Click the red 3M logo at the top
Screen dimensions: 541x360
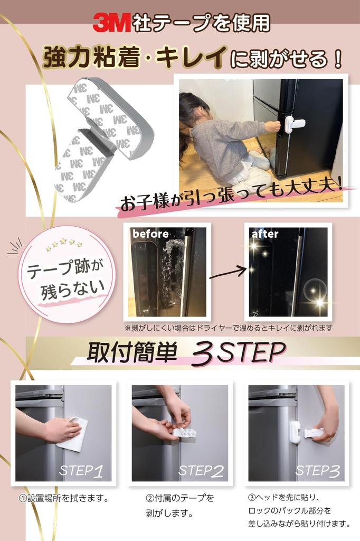click(x=111, y=23)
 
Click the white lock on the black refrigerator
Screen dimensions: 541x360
click(x=293, y=125)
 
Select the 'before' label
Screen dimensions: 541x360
click(x=150, y=234)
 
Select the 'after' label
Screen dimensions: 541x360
click(x=265, y=234)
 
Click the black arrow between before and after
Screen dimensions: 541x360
click(x=228, y=273)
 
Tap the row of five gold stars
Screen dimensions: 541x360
click(x=64, y=244)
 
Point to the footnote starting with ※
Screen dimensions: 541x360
click(x=228, y=328)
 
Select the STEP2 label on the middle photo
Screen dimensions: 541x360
click(x=201, y=471)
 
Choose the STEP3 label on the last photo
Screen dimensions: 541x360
click(x=317, y=471)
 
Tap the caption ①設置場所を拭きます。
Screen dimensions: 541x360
click(x=64, y=498)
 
